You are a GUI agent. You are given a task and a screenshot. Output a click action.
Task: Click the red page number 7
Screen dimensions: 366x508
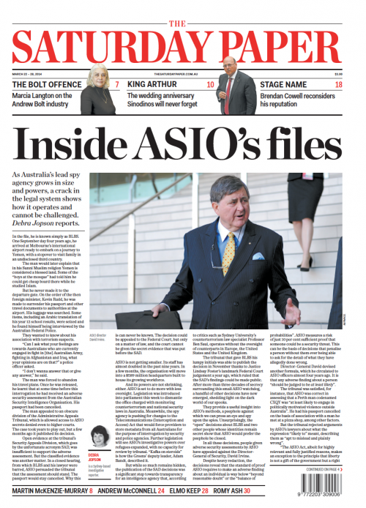pyautogui.click(x=116, y=86)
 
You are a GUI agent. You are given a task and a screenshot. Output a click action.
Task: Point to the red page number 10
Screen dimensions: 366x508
pyautogui.click(x=210, y=86)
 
